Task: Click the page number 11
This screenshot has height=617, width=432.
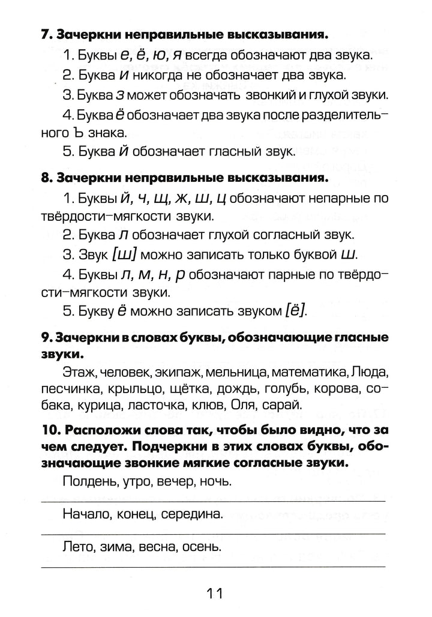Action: pyautogui.click(x=215, y=594)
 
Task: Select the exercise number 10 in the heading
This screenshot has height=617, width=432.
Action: pyautogui.click(x=50, y=431)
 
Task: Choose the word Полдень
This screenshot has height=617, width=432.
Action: pyautogui.click(x=87, y=482)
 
